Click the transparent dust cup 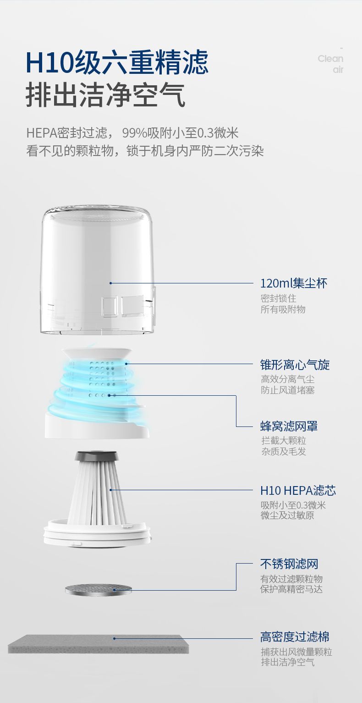pyautogui.click(x=98, y=270)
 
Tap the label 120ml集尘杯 pyautogui.click(x=294, y=283)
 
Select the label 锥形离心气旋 pyautogui.click(x=295, y=365)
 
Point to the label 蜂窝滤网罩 pyautogui.click(x=289, y=426)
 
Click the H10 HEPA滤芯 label pyautogui.click(x=298, y=491)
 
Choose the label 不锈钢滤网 pyautogui.click(x=289, y=564)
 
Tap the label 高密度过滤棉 pyautogui.click(x=295, y=637)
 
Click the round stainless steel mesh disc pyautogui.click(x=99, y=590)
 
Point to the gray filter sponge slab pyautogui.click(x=99, y=644)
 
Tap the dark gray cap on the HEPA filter pyautogui.click(x=97, y=456)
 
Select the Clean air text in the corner pyautogui.click(x=330, y=64)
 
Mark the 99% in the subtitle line pyautogui.click(x=135, y=133)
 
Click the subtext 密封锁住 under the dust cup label pyautogui.click(x=278, y=298)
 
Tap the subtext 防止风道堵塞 pyautogui.click(x=288, y=390)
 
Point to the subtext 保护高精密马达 pyautogui.click(x=291, y=589)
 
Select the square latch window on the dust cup pyautogui.click(x=110, y=307)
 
